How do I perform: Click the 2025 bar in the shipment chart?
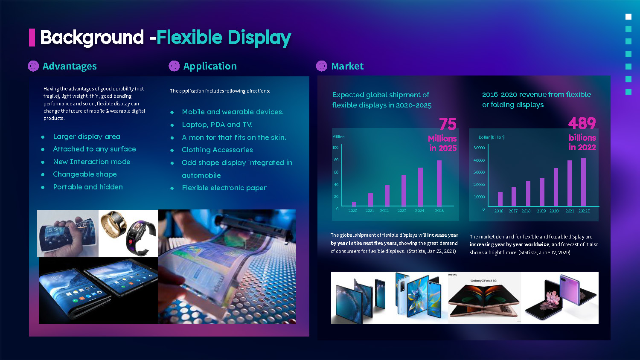pyautogui.click(x=439, y=183)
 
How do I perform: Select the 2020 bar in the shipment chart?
pyautogui.click(x=354, y=204)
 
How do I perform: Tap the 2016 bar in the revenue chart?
pyautogui.click(x=500, y=199)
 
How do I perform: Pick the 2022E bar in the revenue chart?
pyautogui.click(x=583, y=182)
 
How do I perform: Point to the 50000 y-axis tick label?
pyautogui.click(x=479, y=148)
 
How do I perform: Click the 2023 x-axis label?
pyautogui.click(x=402, y=211)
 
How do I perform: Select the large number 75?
pyautogui.click(x=448, y=124)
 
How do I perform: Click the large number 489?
pyautogui.click(x=582, y=123)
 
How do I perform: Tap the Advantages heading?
pyautogui.click(x=70, y=66)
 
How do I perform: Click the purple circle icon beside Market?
pyautogui.click(x=322, y=66)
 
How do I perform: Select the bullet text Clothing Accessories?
pyautogui.click(x=217, y=150)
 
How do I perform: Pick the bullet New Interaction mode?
pyautogui.click(x=92, y=162)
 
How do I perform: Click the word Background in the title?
pyautogui.click(x=92, y=38)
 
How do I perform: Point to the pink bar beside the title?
pyautogui.click(x=32, y=38)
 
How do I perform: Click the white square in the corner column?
pyautogui.click(x=628, y=17)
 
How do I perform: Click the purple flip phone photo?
pyautogui.click(x=560, y=297)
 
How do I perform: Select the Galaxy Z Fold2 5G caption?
pyautogui.click(x=483, y=281)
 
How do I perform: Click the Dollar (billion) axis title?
pyautogui.click(x=492, y=137)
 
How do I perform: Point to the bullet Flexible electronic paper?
pyautogui.click(x=224, y=188)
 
